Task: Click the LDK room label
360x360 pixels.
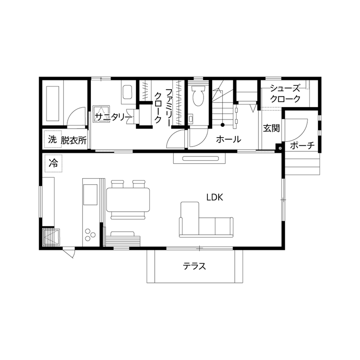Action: tap(216, 197)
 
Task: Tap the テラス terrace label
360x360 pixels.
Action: tap(195, 266)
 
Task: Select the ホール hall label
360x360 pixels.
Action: tap(228, 139)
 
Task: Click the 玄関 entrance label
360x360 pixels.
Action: tap(271, 128)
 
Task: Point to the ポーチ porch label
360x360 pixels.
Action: tap(303, 146)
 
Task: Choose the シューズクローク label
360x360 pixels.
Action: tap(285, 93)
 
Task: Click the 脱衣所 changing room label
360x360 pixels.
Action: tap(74, 140)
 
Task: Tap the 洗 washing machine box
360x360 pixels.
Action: tap(52, 139)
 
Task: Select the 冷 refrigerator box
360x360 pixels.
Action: tap(53, 163)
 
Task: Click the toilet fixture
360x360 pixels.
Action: tap(198, 96)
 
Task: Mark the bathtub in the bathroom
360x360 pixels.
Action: tap(53, 103)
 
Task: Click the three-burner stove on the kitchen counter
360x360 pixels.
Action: tap(91, 234)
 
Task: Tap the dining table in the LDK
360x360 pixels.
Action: tap(129, 199)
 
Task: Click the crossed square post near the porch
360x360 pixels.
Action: tap(280, 149)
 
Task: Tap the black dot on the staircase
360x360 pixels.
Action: tap(222, 125)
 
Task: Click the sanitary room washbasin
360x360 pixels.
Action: tap(128, 92)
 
